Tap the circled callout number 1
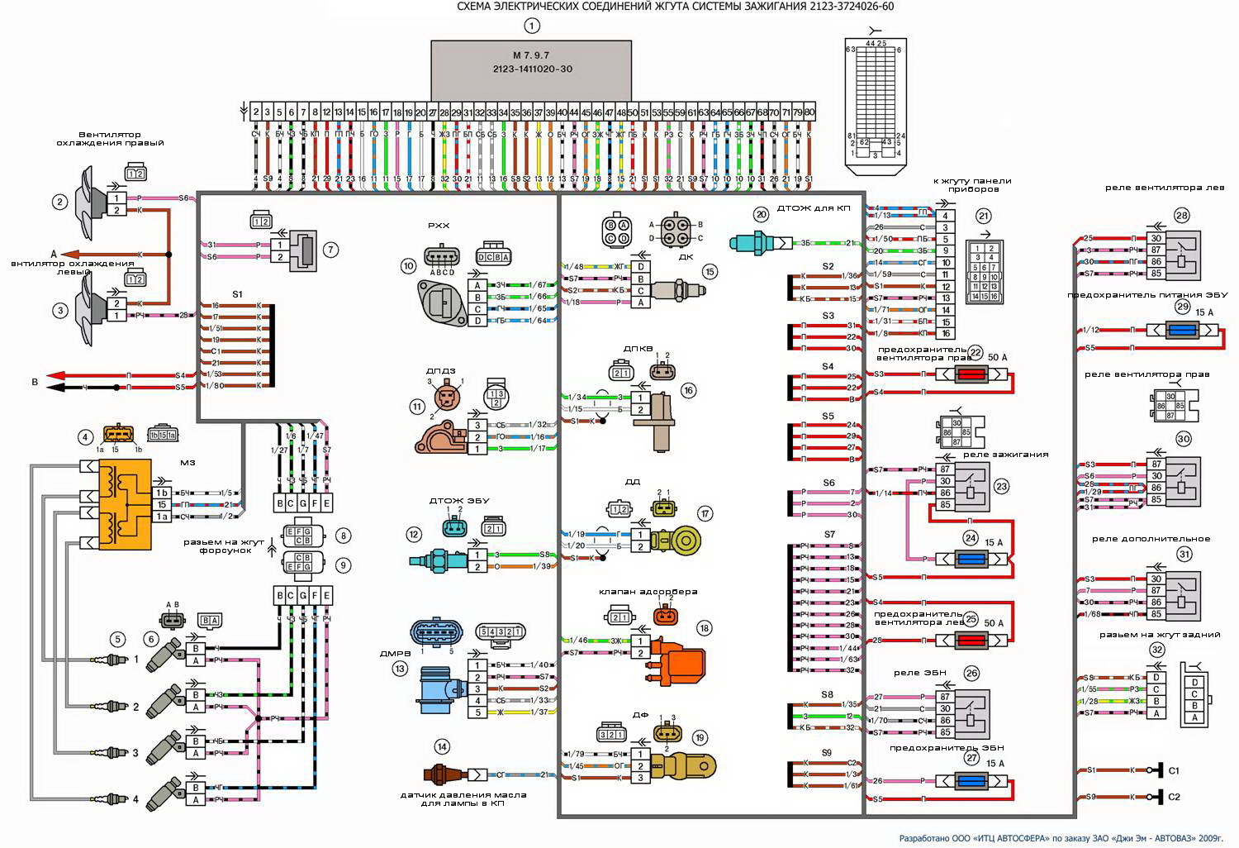[531, 26]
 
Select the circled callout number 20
[761, 214]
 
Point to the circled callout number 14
[442, 747]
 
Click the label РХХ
[438, 225]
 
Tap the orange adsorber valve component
[679, 658]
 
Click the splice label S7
[828, 535]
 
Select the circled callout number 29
[1182, 307]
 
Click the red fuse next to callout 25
[971, 641]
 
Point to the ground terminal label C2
[1174, 797]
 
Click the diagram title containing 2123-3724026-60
[675, 7]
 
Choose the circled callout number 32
[1156, 650]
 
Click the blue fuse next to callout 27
[971, 781]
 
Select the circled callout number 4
[84, 436]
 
